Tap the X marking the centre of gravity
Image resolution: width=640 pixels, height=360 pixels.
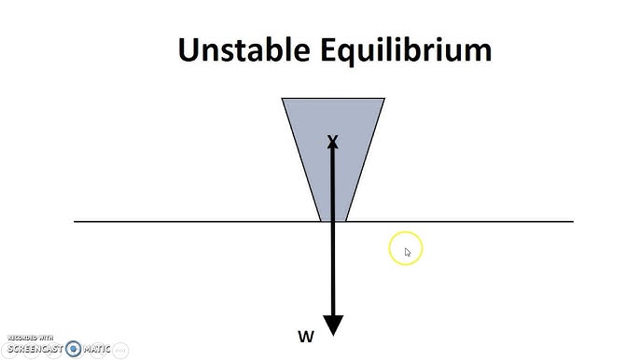[x=332, y=142]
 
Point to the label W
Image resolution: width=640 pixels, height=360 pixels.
[x=305, y=337]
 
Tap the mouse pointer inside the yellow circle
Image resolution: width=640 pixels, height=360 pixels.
[x=408, y=252]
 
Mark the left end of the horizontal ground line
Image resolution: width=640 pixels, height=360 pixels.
[x=76, y=222]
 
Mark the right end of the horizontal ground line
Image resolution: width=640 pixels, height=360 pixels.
[x=573, y=222]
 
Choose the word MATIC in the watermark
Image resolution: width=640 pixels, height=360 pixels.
[x=97, y=349]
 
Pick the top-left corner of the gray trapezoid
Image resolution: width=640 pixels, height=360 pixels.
[x=283, y=98]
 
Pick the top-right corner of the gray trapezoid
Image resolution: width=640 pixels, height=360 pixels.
[x=383, y=98]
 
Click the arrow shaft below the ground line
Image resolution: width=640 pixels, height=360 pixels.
[x=333, y=270]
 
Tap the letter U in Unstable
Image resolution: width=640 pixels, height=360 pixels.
[x=189, y=50]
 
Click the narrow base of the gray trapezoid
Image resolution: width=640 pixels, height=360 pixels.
[x=333, y=220]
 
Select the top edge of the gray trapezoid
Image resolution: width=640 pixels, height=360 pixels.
[x=333, y=98]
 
